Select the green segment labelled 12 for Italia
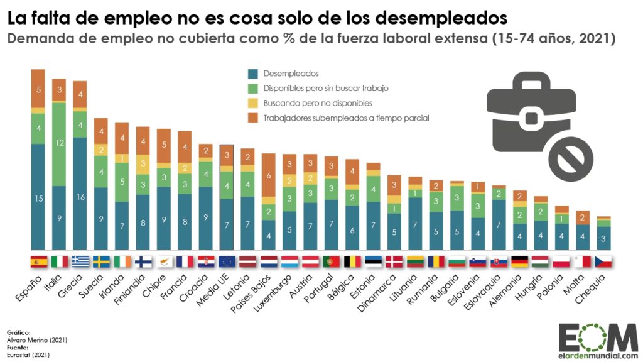[59, 144]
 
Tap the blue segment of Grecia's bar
[80, 194]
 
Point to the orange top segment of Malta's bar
[583, 217]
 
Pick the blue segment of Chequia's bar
[603, 238]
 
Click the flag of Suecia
[101, 261]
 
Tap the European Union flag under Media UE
[227, 261]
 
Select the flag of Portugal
[331, 261]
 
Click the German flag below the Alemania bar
[520, 261]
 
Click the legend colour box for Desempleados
[254, 74]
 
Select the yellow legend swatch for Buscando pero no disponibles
[254, 103]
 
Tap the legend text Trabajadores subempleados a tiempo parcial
[346, 118]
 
